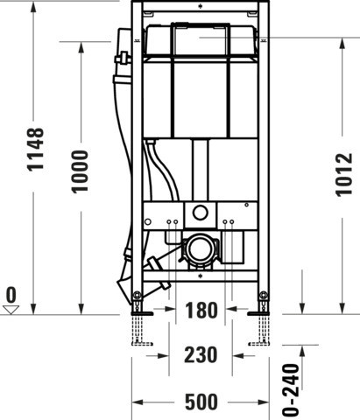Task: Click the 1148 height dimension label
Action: coord(35,149)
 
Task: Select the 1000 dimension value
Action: coord(80,171)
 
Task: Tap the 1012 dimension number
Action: coord(344,175)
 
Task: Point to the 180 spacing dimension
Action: coord(201,311)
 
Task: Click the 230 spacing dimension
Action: coord(201,355)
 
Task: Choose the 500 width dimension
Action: coord(201,402)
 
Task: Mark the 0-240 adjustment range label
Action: coord(291,389)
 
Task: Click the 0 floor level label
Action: coord(11,295)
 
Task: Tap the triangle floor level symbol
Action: coord(11,310)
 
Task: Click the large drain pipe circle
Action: coord(201,248)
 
